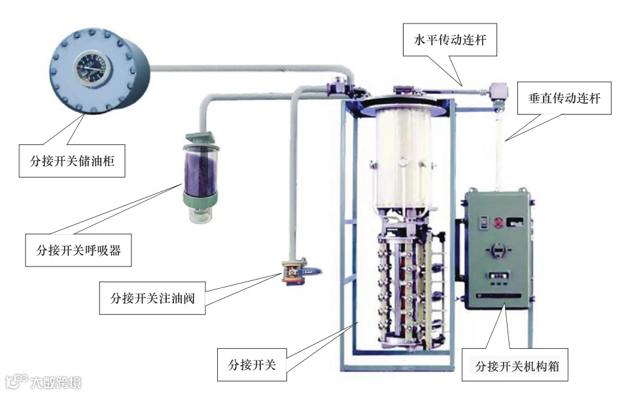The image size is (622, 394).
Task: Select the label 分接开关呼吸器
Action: tap(78, 249)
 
